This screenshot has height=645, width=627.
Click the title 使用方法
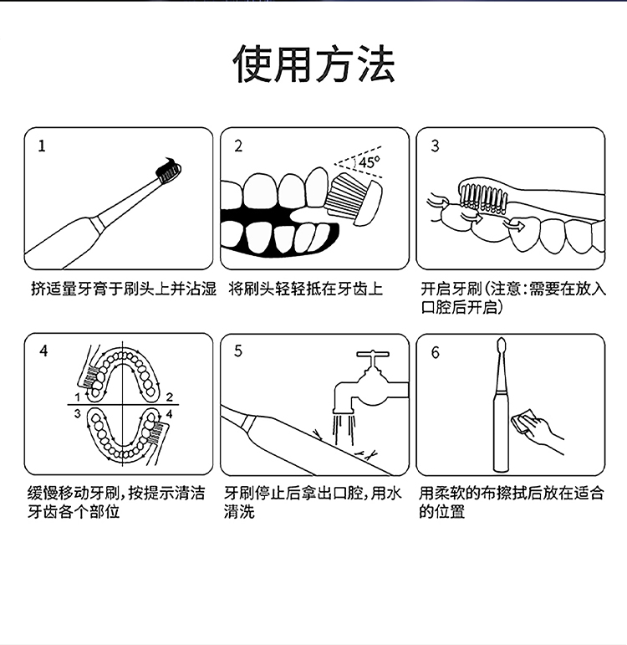click(313, 64)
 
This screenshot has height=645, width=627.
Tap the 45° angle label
click(370, 162)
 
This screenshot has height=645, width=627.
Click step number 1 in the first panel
click(42, 146)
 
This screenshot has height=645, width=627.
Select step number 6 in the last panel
click(436, 352)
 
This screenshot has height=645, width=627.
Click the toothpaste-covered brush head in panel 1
click(168, 170)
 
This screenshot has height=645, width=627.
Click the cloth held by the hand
click(522, 421)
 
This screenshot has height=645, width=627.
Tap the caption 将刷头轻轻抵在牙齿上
click(305, 289)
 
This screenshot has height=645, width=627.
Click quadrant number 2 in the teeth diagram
click(170, 397)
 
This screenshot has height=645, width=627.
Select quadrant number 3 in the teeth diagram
click(77, 413)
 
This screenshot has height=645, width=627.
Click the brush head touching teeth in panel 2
click(355, 199)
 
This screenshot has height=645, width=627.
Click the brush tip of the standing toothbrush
click(501, 348)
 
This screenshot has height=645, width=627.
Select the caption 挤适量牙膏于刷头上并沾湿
click(124, 289)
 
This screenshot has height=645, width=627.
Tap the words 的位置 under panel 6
click(442, 512)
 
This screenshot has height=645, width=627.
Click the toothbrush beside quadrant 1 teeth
click(90, 368)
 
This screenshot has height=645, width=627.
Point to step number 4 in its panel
click(43, 351)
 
